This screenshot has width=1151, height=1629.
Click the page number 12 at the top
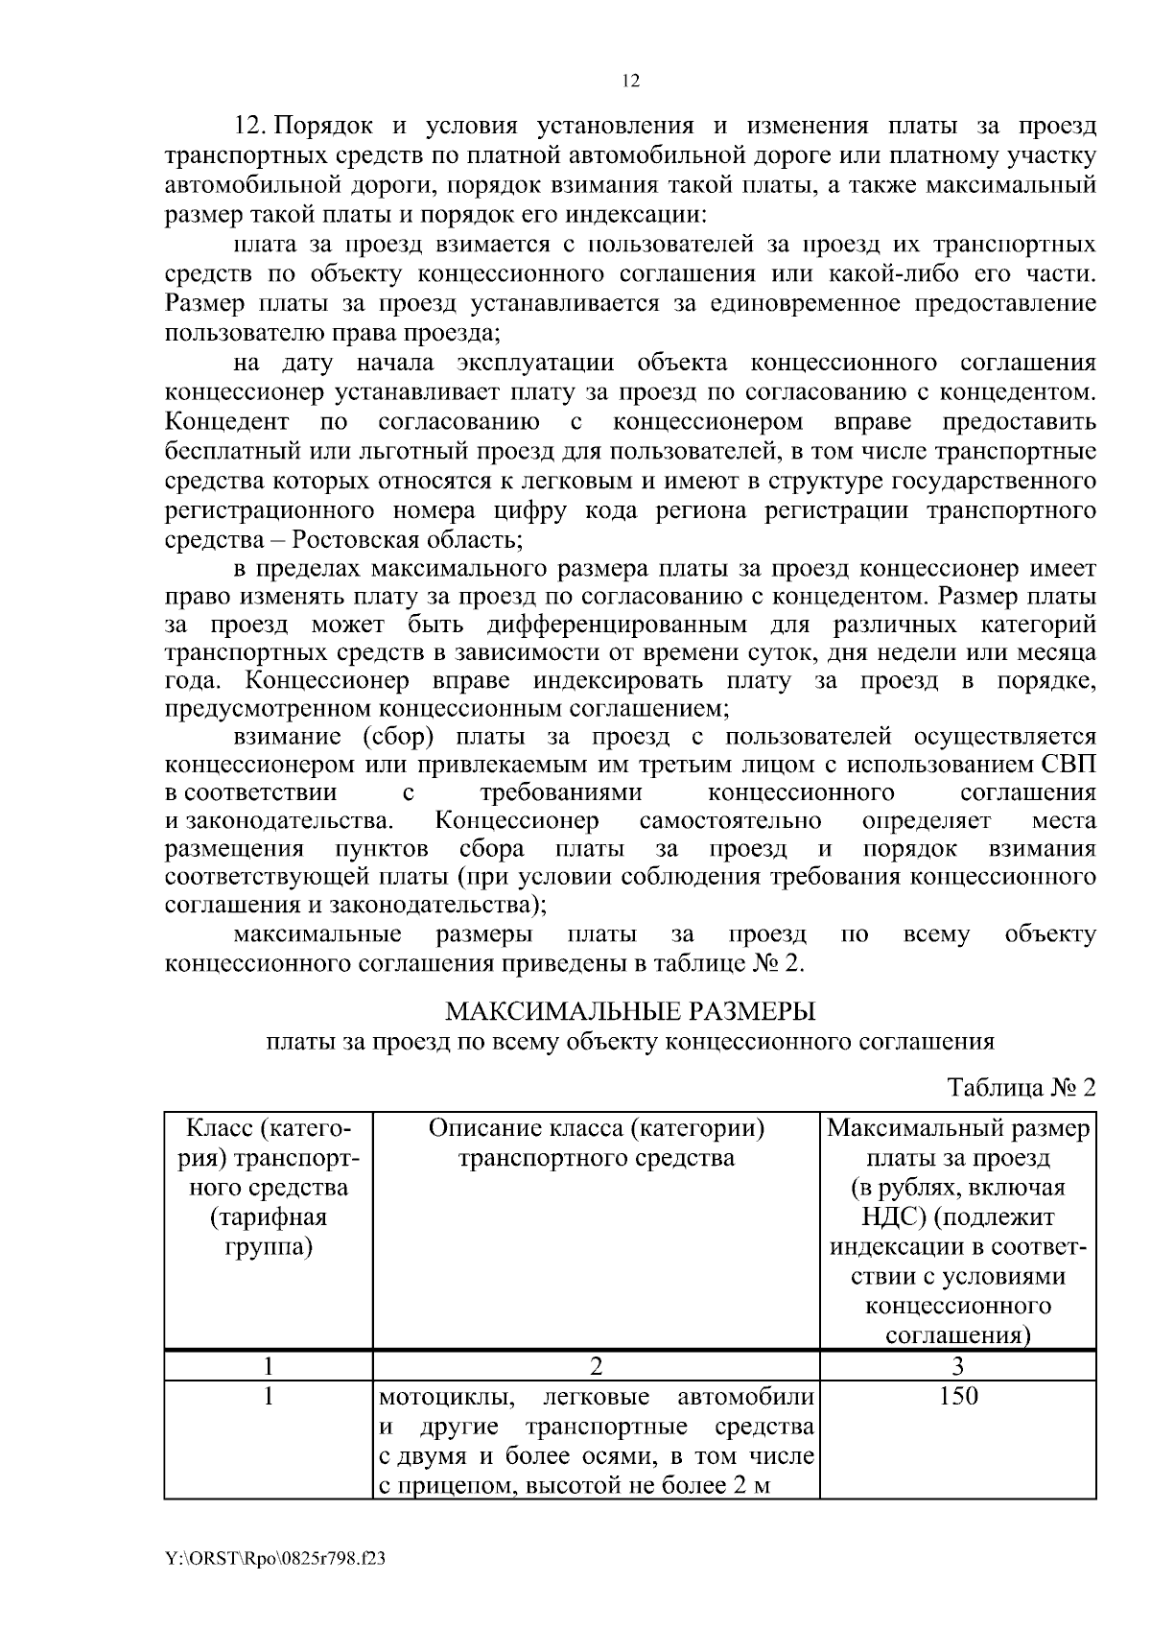tap(630, 82)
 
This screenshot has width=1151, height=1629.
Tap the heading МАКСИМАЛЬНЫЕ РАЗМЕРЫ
tap(630, 1011)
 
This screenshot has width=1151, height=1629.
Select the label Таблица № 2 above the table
tap(1021, 1087)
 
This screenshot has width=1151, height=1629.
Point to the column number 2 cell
tap(596, 1365)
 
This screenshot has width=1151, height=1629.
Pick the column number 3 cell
tap(958, 1365)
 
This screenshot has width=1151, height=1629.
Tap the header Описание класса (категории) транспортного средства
tap(596, 1143)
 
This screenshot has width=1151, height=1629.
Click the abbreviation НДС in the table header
tap(892, 1217)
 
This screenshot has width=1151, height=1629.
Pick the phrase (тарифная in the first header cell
tap(269, 1217)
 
